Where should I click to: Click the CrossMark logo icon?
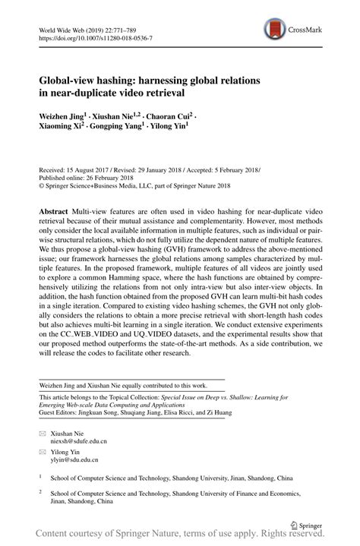[x=273, y=30]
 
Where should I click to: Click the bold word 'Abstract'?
[x=55, y=208]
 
